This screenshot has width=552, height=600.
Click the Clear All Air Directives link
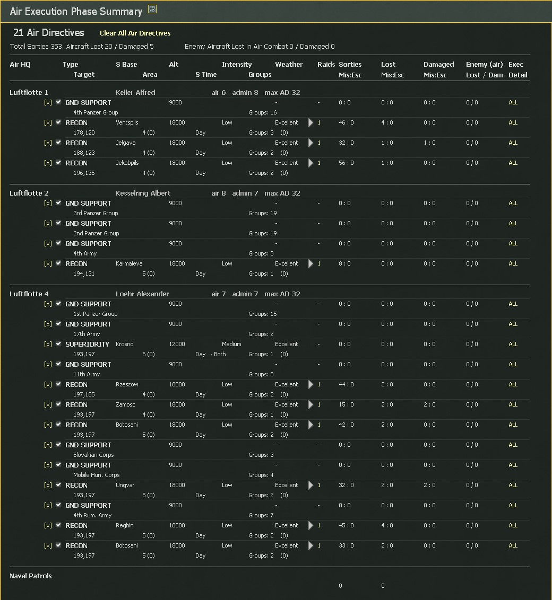(x=135, y=33)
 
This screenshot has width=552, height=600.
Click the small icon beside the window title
(x=152, y=10)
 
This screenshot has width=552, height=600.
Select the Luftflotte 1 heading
(x=29, y=93)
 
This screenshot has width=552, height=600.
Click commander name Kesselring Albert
(x=143, y=193)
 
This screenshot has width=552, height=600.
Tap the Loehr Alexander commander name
(x=142, y=294)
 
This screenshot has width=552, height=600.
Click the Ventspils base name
(x=127, y=123)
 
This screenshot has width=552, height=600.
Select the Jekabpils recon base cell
(x=127, y=163)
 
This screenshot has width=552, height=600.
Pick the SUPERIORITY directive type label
(x=87, y=345)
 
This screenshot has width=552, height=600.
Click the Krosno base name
(x=125, y=345)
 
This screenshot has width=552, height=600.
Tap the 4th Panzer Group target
(x=96, y=113)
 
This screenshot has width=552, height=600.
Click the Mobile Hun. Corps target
(x=96, y=475)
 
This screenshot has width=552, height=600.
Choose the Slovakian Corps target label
(x=93, y=455)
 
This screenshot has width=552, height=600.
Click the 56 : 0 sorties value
(x=346, y=163)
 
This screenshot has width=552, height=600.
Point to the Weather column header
(x=289, y=65)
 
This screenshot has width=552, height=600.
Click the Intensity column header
(x=237, y=65)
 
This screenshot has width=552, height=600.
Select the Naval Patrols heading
(x=31, y=576)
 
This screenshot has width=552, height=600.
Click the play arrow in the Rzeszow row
(x=311, y=385)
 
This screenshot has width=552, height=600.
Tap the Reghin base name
(x=125, y=526)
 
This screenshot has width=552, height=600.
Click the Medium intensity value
(x=231, y=345)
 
